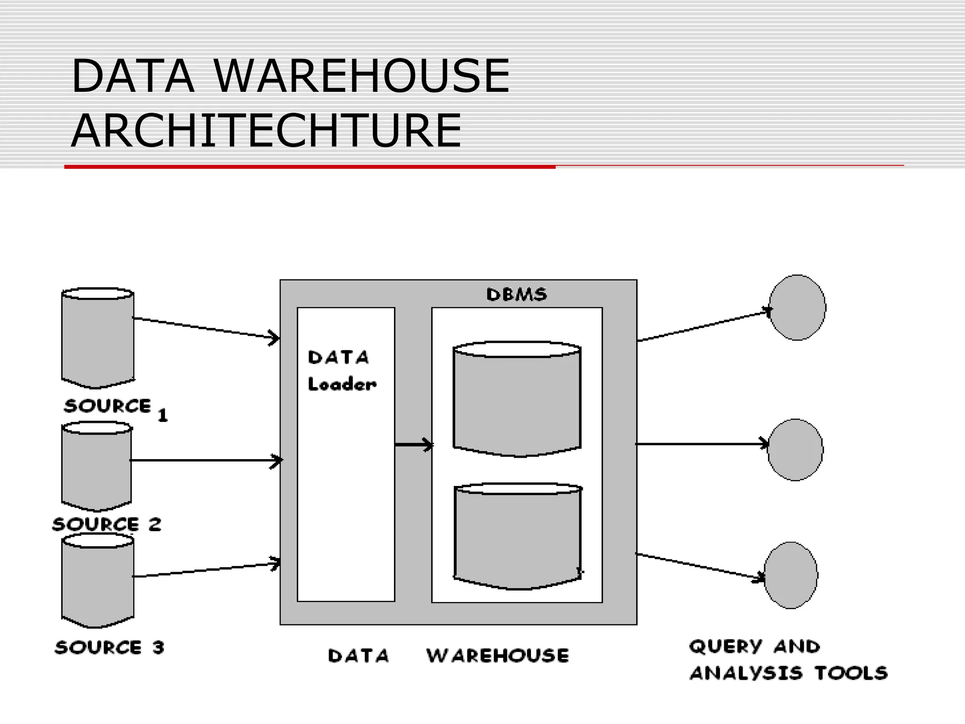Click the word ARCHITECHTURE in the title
click(x=266, y=131)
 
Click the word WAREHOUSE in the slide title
click(x=361, y=75)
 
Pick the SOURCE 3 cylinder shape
click(x=98, y=583)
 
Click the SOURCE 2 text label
click(x=107, y=524)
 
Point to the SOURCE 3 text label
click(x=109, y=647)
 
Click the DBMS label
click(x=516, y=295)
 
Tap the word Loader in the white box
click(x=342, y=384)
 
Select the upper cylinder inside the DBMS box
click(x=517, y=400)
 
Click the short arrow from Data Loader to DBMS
click(x=413, y=444)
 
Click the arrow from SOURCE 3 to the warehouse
click(x=206, y=569)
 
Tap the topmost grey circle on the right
click(x=797, y=307)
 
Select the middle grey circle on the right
click(x=795, y=450)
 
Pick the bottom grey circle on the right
click(x=791, y=575)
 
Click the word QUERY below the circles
click(x=725, y=646)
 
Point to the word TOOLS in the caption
click(x=851, y=673)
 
